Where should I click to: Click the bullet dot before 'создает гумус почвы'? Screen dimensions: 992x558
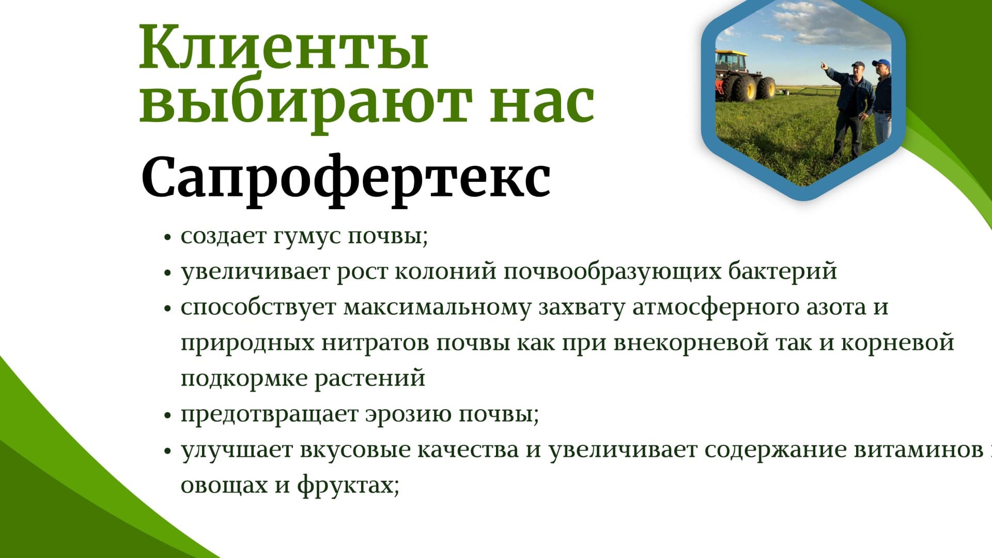pyautogui.click(x=167, y=238)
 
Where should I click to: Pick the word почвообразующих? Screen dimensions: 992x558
pyautogui.click(x=612, y=271)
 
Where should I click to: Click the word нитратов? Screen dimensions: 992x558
pyautogui.click(x=375, y=342)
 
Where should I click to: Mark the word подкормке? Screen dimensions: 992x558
pyautogui.click(x=244, y=378)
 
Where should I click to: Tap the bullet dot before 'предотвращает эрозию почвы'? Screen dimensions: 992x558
pyautogui.click(x=167, y=415)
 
